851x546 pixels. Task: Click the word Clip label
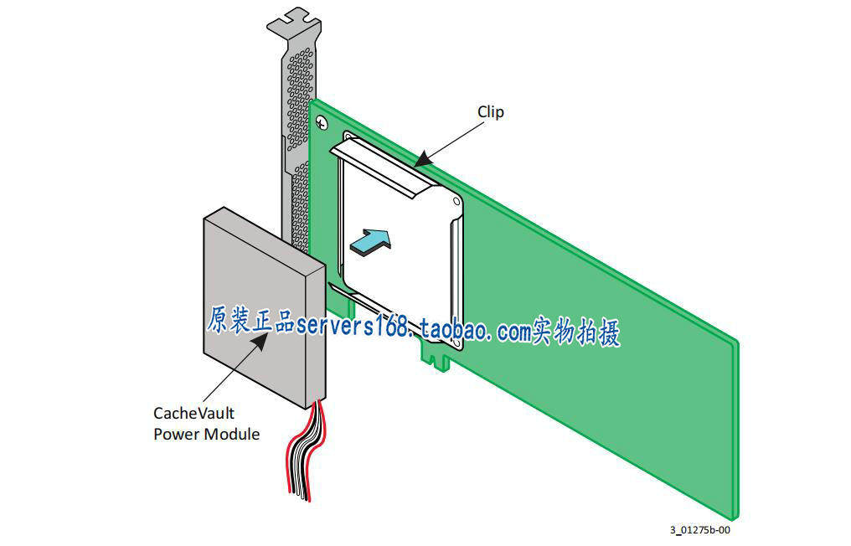pyautogui.click(x=491, y=111)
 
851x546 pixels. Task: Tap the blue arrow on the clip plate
pyautogui.click(x=369, y=241)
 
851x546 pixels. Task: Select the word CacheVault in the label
pyautogui.click(x=193, y=413)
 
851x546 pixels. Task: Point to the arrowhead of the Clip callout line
pyautogui.click(x=423, y=160)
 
